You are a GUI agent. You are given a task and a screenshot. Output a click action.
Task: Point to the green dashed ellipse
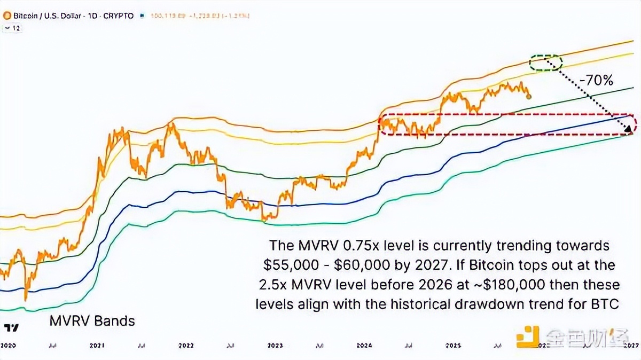tap(545, 62)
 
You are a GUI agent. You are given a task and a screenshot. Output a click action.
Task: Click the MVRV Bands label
tap(92, 321)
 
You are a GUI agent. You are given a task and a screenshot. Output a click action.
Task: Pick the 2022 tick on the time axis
tap(186, 346)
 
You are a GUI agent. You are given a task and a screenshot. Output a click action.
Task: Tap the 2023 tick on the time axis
tap(275, 346)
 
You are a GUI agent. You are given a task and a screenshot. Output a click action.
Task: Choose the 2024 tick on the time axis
tap(364, 346)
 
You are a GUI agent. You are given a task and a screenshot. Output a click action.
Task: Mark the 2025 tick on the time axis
tap(454, 346)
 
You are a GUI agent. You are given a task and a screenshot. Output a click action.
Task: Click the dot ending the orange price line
tap(529, 97)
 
